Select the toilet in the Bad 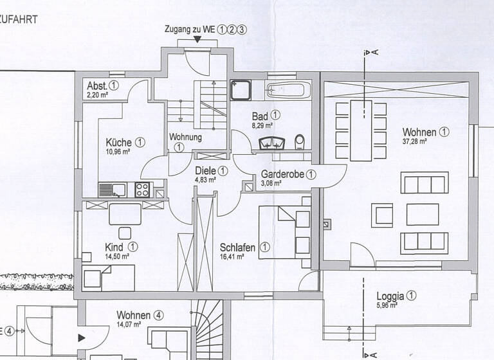point(299,141)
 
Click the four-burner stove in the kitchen point(142,190)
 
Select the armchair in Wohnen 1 point(383,214)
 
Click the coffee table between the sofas point(423,214)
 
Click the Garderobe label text point(282,174)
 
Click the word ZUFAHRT point(19,19)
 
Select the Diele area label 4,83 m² point(205,180)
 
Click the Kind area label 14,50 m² point(117,256)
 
